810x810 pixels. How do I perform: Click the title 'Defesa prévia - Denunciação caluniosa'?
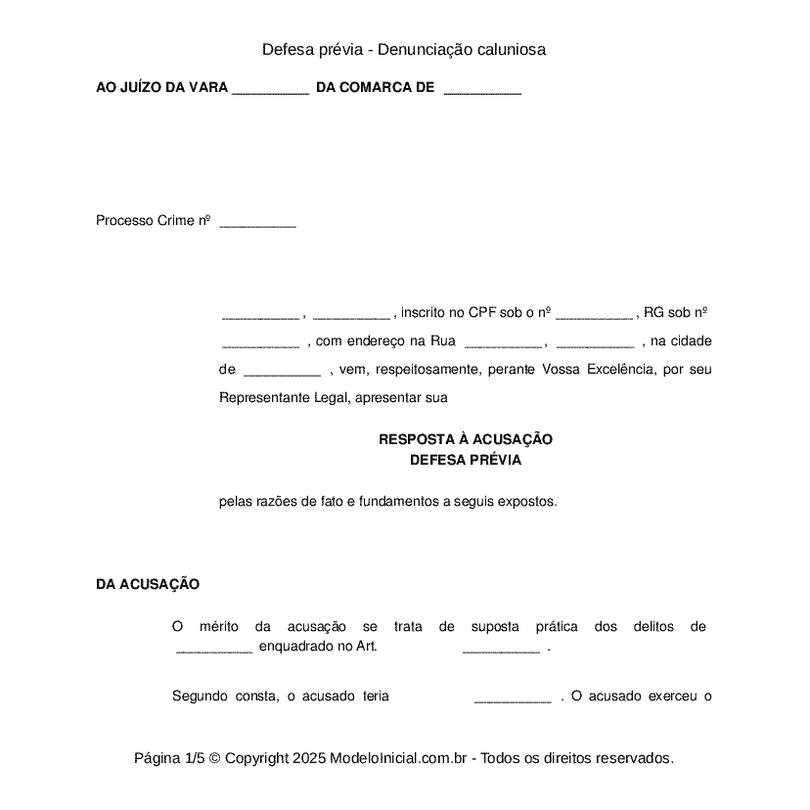(403, 49)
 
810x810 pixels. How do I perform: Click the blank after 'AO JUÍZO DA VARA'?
(271, 89)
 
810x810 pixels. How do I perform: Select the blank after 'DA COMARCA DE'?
(482, 89)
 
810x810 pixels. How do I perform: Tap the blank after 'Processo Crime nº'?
(257, 222)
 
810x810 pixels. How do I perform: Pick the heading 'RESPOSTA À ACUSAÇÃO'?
(466, 440)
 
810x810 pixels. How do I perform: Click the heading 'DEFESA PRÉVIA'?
(466, 460)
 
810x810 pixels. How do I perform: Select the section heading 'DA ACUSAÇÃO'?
(148, 584)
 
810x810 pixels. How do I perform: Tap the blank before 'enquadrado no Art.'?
(214, 648)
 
